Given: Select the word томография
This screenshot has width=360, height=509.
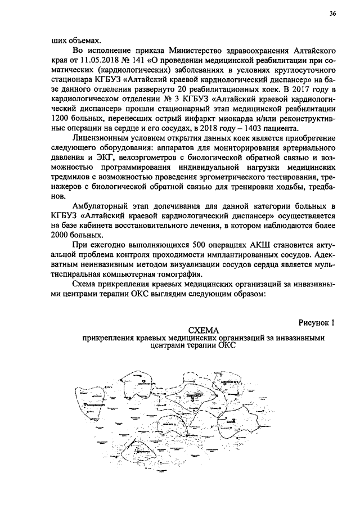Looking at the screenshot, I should tap(177, 274).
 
